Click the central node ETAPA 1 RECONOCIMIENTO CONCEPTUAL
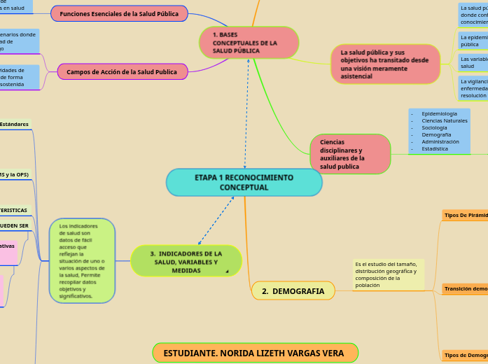point(244,183)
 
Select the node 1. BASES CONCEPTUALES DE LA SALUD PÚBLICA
point(249,43)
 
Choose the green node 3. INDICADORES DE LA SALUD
point(186,261)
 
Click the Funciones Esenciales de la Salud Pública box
point(119,14)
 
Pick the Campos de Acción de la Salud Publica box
point(121,71)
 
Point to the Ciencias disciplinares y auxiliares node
point(349,154)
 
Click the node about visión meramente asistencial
point(384,64)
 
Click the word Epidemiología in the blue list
point(439,113)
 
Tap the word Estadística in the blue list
point(435,148)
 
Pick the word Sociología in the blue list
point(434,127)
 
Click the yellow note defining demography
point(389,274)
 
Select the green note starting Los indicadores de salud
point(82,261)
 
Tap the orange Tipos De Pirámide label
point(466,215)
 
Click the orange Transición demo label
point(466,288)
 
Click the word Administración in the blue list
point(440,141)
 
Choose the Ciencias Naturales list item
point(444,120)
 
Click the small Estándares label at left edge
point(15,124)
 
